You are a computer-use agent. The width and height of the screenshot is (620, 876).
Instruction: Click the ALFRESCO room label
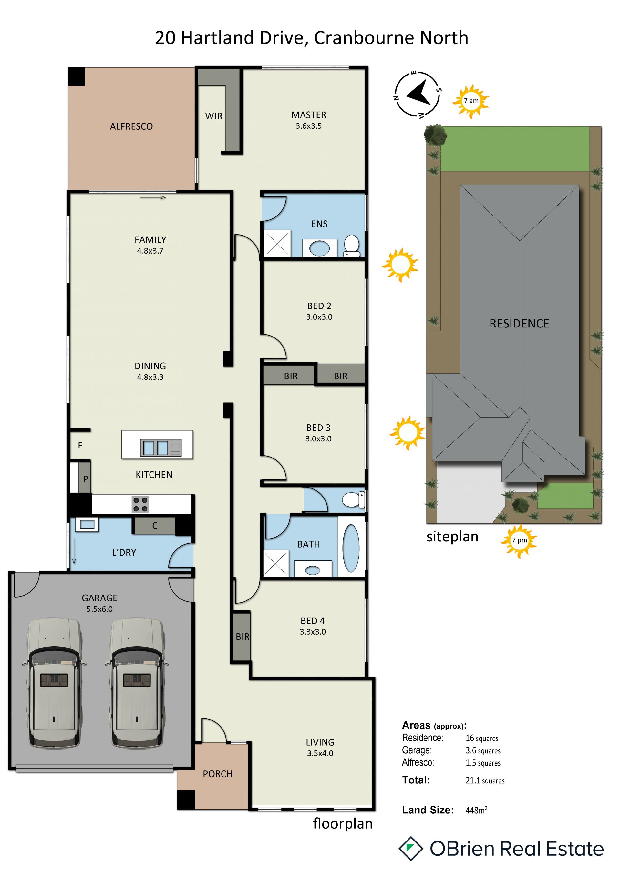pyautogui.click(x=131, y=126)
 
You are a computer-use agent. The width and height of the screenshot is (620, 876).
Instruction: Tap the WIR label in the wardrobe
pyautogui.click(x=213, y=116)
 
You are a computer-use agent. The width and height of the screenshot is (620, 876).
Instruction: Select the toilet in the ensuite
pyautogui.click(x=352, y=246)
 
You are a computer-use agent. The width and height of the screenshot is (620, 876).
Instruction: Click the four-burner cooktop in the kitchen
pyautogui.click(x=140, y=504)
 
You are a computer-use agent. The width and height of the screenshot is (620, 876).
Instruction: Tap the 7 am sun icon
pyautogui.click(x=471, y=101)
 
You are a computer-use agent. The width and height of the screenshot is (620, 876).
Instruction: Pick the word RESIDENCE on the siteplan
pyautogui.click(x=519, y=324)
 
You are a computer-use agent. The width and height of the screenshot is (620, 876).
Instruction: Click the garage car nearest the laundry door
pyautogui.click(x=137, y=683)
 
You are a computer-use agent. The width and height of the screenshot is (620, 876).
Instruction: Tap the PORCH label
pyautogui.click(x=218, y=774)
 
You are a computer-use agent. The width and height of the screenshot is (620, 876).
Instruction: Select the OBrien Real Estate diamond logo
pyautogui.click(x=411, y=849)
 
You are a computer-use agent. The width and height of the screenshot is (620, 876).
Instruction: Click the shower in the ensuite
pyautogui.click(x=277, y=243)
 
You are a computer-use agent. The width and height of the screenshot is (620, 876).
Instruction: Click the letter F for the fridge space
pyautogui.click(x=80, y=445)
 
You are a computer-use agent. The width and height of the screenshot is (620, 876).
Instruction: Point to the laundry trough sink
pyautogui.click(x=87, y=524)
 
